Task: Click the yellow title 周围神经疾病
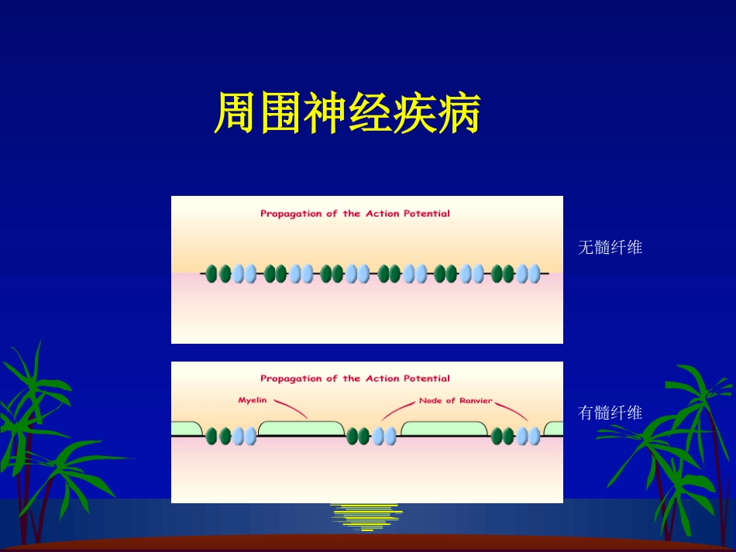[347, 115]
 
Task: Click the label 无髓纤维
[610, 248]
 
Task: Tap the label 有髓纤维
[610, 413]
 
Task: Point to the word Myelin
[252, 400]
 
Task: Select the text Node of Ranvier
[455, 400]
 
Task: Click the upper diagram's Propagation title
[355, 214]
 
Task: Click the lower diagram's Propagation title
[355, 379]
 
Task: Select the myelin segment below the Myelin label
[301, 428]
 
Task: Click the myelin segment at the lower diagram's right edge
[554, 428]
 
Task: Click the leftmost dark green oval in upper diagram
[213, 273]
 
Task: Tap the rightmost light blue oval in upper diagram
[535, 273]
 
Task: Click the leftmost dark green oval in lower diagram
[213, 437]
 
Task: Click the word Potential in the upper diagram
[427, 214]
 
